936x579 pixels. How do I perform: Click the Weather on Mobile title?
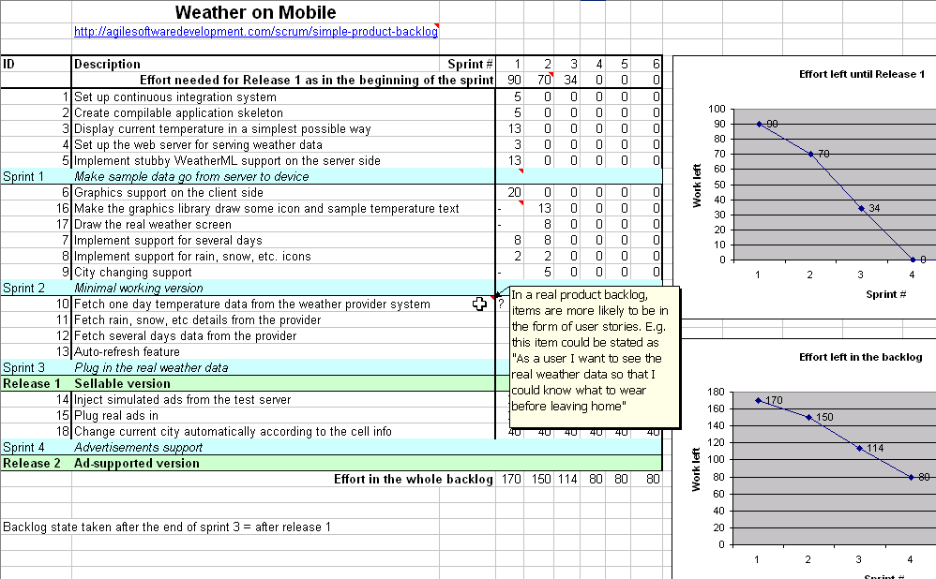255,13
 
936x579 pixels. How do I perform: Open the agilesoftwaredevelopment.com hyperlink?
256,32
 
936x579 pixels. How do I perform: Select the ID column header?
9,65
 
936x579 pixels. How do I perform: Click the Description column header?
107,65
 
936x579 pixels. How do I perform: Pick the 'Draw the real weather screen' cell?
153,225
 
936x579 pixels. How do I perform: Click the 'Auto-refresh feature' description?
127,352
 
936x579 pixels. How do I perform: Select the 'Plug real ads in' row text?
116,415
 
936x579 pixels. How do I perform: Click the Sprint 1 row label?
23,176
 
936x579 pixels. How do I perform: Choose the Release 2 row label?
32,463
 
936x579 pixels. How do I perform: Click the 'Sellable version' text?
123,383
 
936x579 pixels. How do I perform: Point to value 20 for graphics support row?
514,192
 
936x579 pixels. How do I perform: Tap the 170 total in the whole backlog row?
511,480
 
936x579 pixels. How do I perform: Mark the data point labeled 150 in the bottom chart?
808,416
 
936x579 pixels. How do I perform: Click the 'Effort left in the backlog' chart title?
860,357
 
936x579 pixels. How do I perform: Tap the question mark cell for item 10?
501,304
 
